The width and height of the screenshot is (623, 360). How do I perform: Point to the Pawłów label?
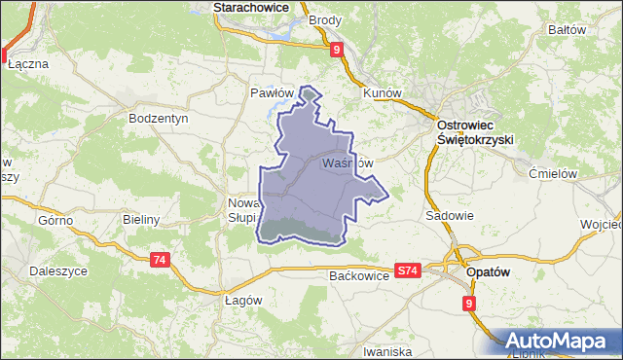point(272,93)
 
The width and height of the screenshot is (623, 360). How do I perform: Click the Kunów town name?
point(382,93)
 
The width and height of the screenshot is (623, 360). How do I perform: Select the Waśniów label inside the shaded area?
point(347,162)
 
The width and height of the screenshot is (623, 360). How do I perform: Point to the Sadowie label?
point(450,216)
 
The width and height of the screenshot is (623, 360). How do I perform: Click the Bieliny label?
point(141,220)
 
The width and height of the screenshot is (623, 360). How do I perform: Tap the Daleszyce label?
point(60,271)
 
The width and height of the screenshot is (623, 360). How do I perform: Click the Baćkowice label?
point(359,276)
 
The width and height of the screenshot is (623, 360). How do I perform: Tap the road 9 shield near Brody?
point(336,49)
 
